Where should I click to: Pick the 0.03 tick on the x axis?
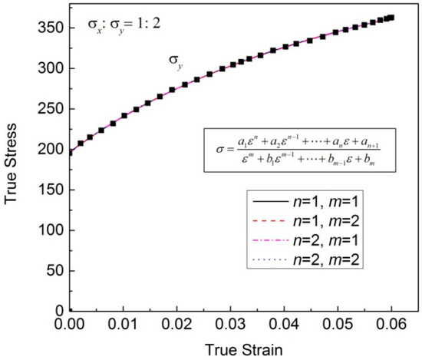pos(241,323)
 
